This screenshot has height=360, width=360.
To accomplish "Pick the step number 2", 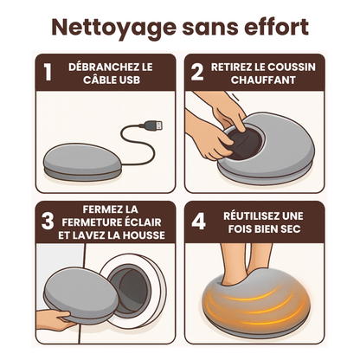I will (x=196, y=73).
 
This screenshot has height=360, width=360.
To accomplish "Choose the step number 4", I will (x=197, y=222).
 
